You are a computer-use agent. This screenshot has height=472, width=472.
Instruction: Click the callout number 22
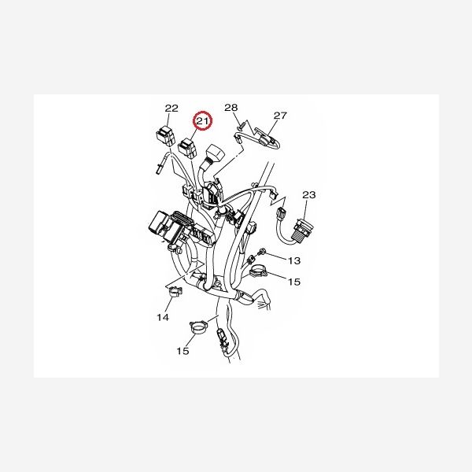click(171, 108)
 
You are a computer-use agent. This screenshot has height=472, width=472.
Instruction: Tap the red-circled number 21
click(204, 121)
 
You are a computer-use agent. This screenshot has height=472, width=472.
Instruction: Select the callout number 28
click(230, 107)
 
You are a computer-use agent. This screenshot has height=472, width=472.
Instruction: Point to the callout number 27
click(281, 115)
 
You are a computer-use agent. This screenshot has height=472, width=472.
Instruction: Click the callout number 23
click(308, 194)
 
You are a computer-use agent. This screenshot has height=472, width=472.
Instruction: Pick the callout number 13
click(293, 260)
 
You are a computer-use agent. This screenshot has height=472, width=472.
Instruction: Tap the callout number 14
click(162, 317)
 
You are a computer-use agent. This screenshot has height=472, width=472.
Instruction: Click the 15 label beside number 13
click(293, 281)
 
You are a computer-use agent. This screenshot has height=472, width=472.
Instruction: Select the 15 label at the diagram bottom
click(183, 351)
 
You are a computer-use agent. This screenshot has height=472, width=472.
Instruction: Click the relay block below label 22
click(166, 134)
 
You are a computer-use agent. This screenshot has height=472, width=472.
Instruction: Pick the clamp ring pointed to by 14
click(175, 296)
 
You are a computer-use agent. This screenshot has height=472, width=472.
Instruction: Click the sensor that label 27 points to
click(266, 140)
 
